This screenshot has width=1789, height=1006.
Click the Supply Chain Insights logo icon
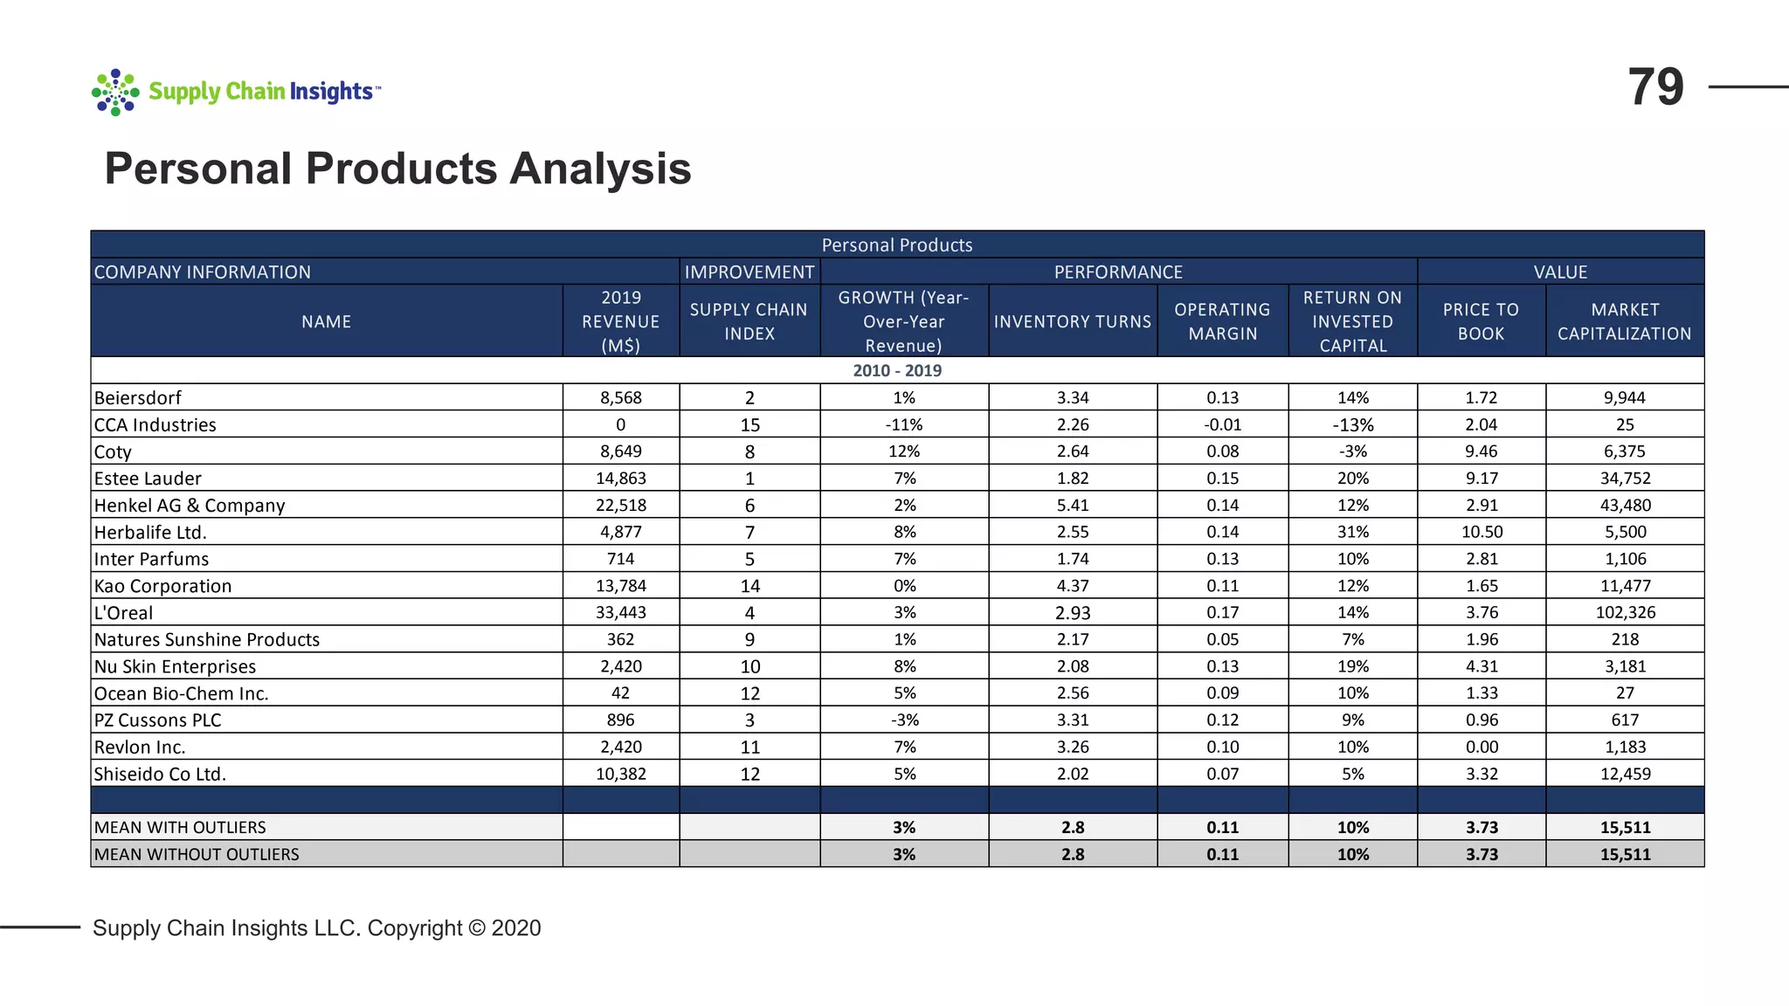pos(115,92)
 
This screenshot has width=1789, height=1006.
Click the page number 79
pos(1655,87)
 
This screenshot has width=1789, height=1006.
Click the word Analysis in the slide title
pos(600,169)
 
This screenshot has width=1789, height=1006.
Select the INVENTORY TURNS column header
pos(1073,321)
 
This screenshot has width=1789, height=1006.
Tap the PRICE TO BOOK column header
pos(1481,321)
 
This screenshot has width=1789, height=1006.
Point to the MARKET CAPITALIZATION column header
pos(1624,321)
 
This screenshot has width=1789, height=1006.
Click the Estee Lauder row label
pos(148,479)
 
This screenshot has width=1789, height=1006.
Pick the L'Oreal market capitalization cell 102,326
pos(1625,612)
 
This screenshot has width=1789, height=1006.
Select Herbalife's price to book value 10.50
pos(1482,532)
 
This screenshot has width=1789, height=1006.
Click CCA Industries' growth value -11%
pos(904,424)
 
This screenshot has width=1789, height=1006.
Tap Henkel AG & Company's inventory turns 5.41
pos(1073,505)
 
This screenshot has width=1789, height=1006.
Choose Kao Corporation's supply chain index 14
pos(749,586)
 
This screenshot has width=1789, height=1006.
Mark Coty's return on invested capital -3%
pos(1352,451)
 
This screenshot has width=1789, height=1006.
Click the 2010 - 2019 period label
pos(897,370)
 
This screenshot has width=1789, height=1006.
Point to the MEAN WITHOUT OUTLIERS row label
pos(197,854)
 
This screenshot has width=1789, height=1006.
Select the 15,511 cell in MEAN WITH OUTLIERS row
pos(1625,827)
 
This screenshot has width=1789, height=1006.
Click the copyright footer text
pos(316,927)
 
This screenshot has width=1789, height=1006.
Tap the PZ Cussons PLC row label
pos(157,720)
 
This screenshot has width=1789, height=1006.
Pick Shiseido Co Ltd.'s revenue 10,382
pos(620,774)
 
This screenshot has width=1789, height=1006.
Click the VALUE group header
pos(1560,272)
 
